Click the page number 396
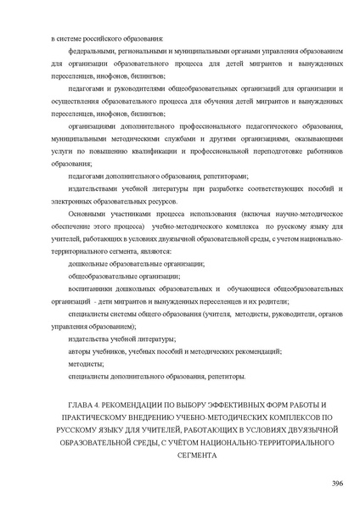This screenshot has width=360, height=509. [x=336, y=483]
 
